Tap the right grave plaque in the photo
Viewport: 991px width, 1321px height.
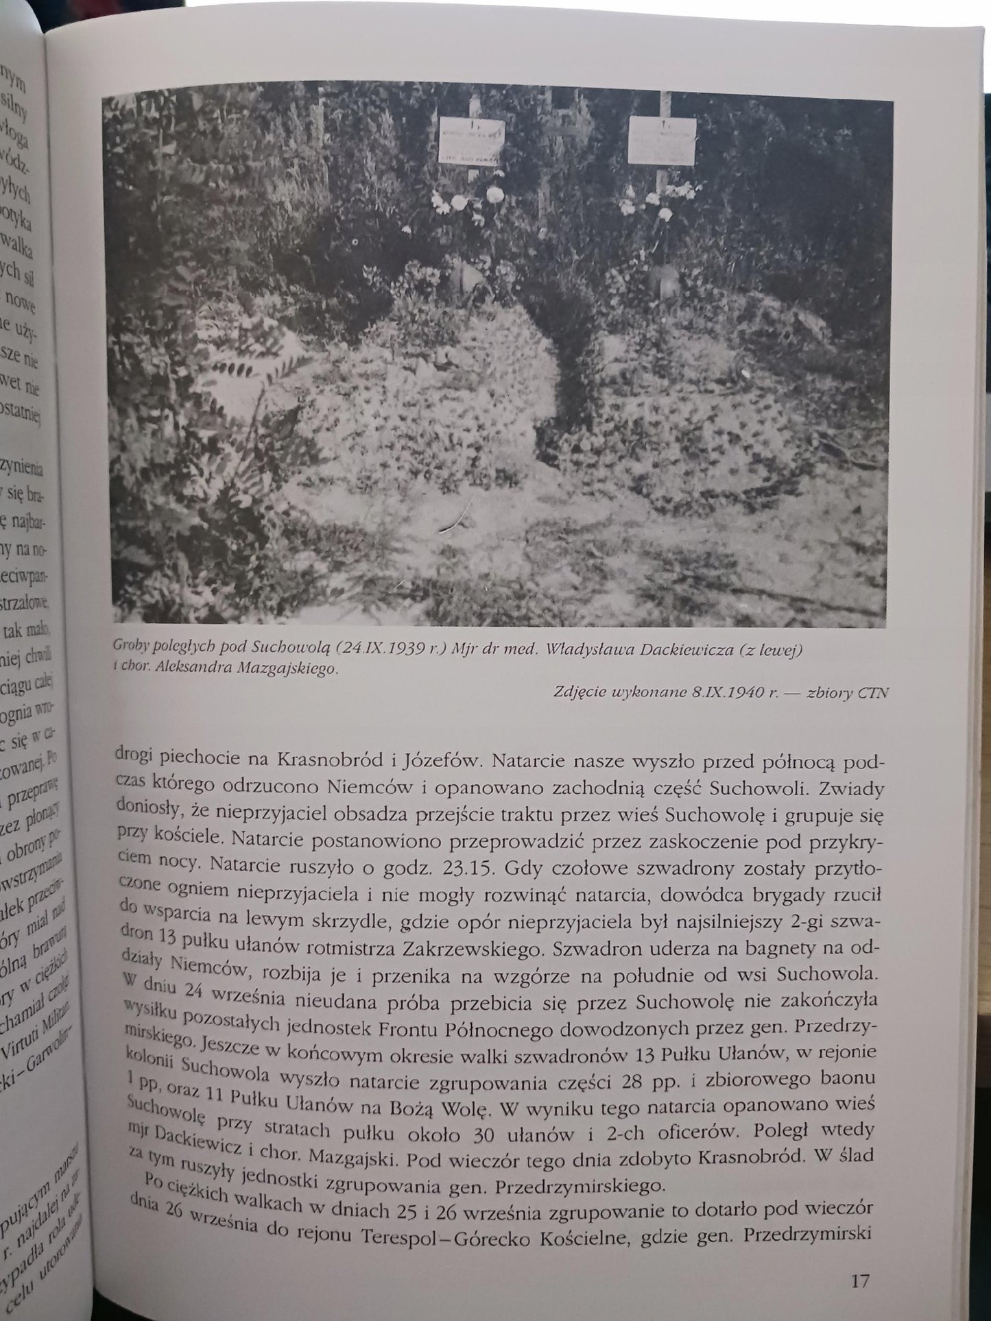click(661, 141)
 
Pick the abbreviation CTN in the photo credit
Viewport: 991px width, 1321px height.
click(872, 692)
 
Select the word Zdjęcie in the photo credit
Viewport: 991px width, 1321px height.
click(578, 692)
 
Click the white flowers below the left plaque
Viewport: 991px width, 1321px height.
click(473, 199)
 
